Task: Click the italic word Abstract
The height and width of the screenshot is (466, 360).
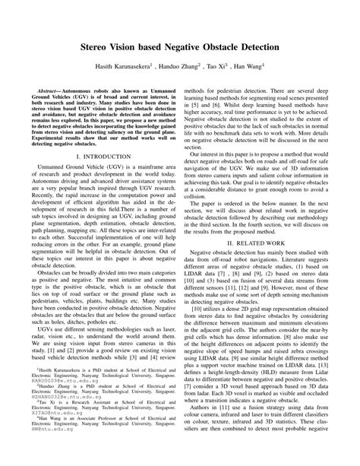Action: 47,68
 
